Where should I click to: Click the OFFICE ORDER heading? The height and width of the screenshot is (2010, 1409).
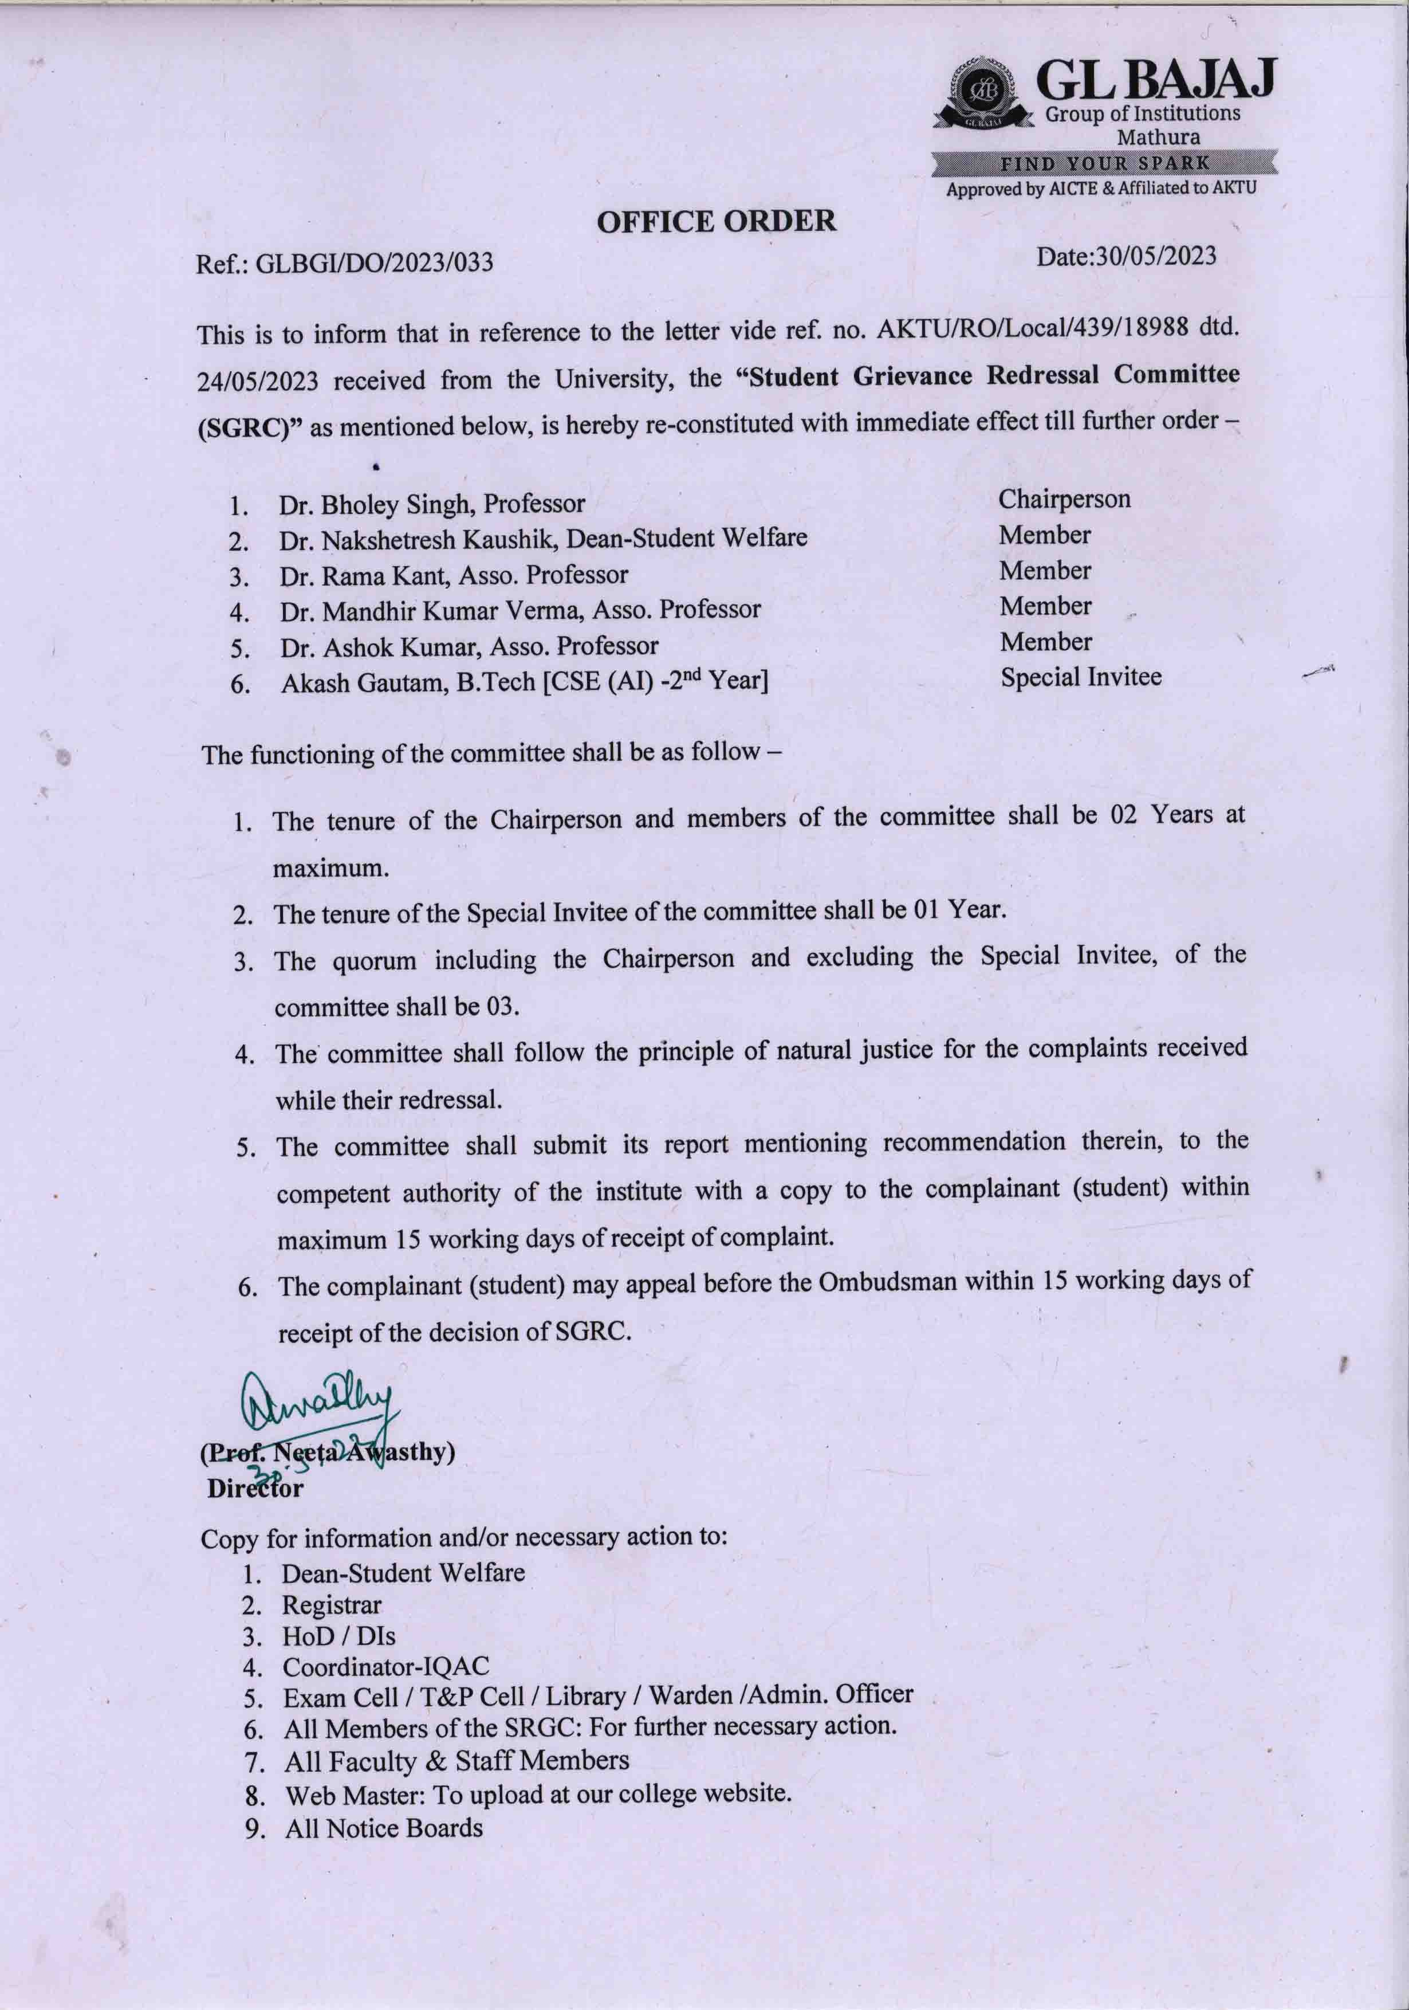pos(716,222)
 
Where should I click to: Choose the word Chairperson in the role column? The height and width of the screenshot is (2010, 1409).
pos(1064,499)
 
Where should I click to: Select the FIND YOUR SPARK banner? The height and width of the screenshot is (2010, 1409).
pos(1104,163)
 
